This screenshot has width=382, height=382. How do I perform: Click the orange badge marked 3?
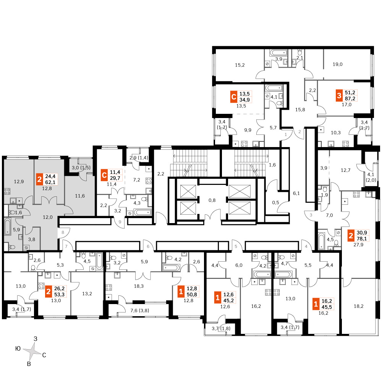coord(339,95)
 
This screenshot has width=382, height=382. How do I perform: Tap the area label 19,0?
coord(337,64)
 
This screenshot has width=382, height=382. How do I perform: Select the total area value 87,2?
coord(350,99)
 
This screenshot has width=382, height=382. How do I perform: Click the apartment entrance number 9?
coord(120,222)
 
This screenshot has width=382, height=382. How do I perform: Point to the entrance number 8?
coord(63,232)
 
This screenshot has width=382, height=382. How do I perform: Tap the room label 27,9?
coord(358,244)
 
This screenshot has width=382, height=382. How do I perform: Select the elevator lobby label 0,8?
coord(212,200)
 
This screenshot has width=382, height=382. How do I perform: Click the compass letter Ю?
coord(18,349)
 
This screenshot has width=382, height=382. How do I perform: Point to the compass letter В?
coord(29,364)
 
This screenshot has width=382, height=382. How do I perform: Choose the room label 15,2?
coord(240,65)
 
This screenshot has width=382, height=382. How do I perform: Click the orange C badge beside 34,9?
coord(234,97)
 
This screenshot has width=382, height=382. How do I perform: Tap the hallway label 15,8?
coord(300,110)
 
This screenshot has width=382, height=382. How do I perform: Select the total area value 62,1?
coord(50,182)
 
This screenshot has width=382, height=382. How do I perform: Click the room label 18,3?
coord(139,286)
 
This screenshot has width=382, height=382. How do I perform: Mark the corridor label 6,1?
coord(296,193)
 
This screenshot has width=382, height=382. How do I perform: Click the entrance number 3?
coord(311,215)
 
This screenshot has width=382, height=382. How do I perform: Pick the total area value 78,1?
coord(362,239)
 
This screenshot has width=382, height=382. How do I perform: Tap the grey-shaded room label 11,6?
coord(80,196)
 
